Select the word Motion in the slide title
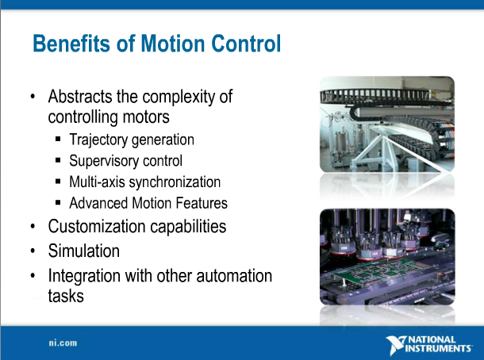[x=167, y=44]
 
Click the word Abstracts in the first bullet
[x=82, y=98]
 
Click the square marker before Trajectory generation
[x=60, y=140]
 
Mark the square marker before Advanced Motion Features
[x=60, y=203]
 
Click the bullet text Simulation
[x=84, y=251]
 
